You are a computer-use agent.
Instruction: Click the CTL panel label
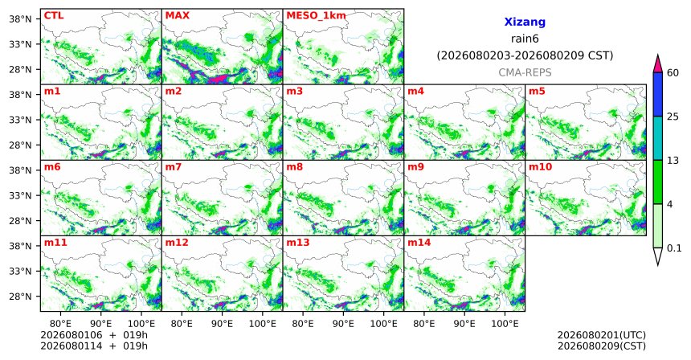[x=54, y=16]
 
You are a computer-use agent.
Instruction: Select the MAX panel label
[x=177, y=16]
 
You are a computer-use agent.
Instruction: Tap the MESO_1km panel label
[x=316, y=16]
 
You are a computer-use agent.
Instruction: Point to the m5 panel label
[x=537, y=92]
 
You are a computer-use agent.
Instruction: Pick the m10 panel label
[x=540, y=167]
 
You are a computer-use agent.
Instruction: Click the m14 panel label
[x=419, y=243]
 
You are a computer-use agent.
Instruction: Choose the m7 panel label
[x=174, y=167]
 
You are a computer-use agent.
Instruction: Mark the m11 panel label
[x=55, y=243]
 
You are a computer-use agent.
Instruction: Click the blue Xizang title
[x=525, y=22]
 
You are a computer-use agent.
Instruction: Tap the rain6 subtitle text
[x=525, y=39]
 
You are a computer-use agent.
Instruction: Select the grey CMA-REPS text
[x=525, y=72]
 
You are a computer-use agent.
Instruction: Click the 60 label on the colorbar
[x=673, y=73]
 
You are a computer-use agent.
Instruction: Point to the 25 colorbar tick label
[x=673, y=117]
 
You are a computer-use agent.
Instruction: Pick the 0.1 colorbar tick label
[x=674, y=248]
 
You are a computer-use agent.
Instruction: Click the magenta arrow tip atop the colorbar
[x=657, y=55]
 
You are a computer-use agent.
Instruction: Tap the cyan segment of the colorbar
[x=657, y=138]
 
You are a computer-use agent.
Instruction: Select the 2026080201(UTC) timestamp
[x=602, y=336]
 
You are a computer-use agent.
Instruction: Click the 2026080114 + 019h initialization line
[x=94, y=346]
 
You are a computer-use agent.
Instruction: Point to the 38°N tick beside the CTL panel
[x=20, y=19]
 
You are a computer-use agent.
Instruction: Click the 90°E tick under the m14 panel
[x=464, y=325]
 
